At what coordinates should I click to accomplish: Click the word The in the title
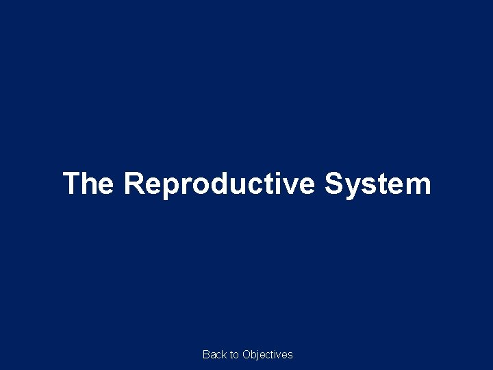88,184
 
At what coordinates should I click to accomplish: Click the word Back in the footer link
214,354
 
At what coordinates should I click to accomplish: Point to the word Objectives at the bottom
268,354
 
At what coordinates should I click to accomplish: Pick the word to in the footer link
233,354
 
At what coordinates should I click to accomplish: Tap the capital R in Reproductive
134,184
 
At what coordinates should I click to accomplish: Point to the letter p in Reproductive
171,188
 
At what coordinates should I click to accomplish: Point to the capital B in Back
206,354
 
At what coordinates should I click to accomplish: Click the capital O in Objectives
246,354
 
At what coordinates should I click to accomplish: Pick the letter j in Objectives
259,355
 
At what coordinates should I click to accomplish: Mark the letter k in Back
224,354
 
